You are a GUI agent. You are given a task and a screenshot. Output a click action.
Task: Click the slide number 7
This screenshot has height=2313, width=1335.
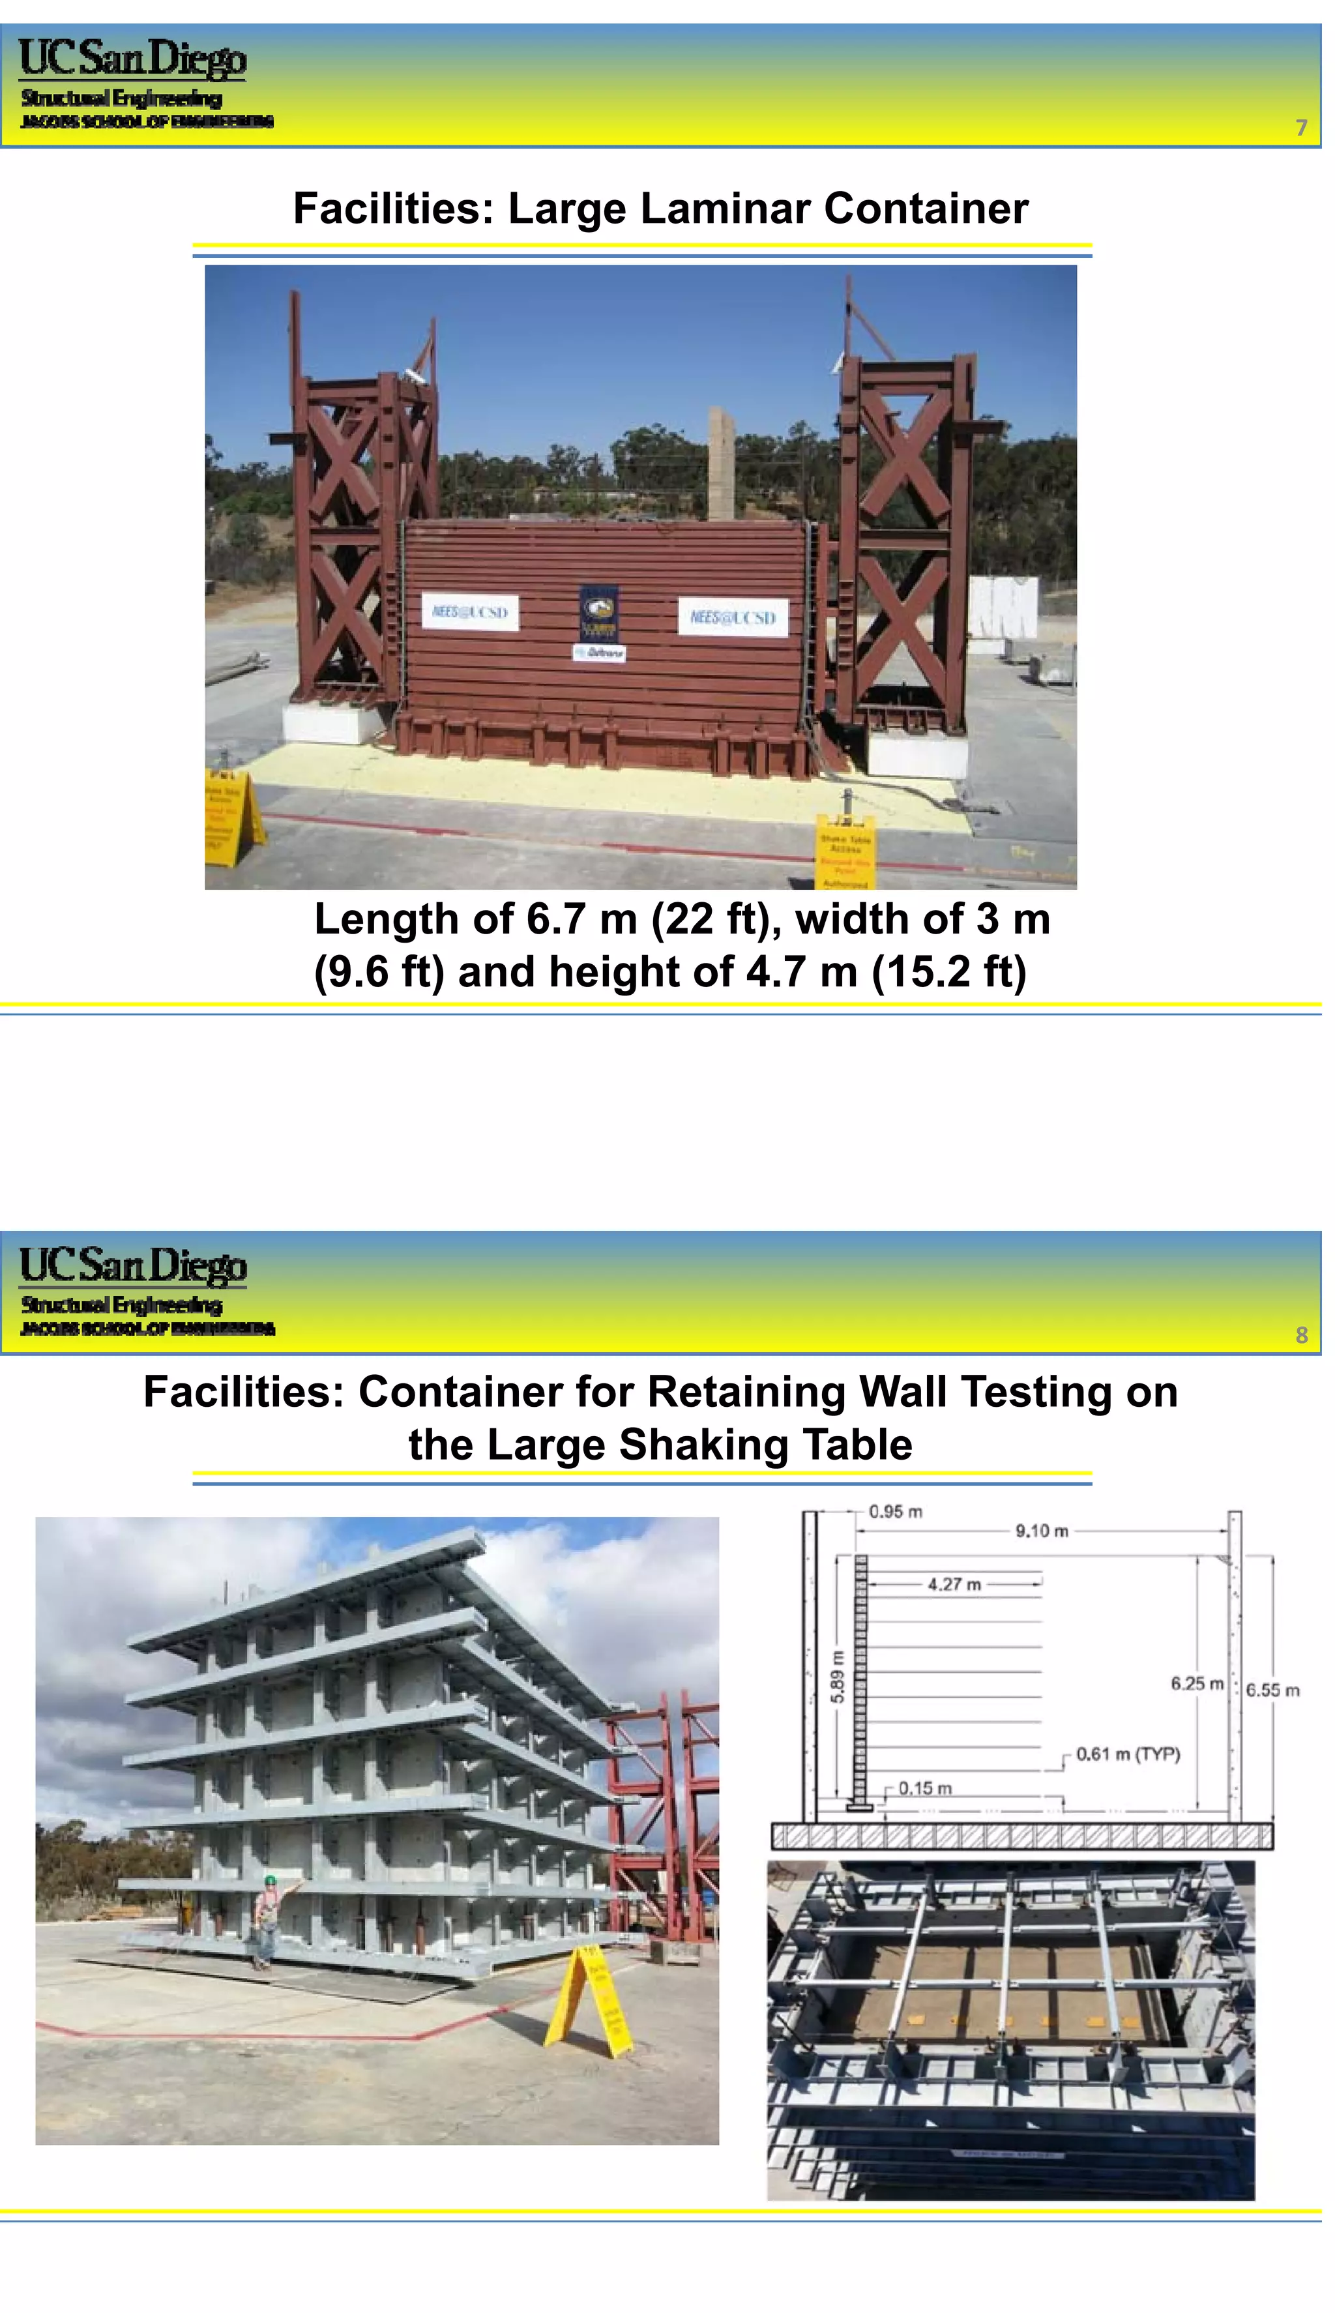(1300, 127)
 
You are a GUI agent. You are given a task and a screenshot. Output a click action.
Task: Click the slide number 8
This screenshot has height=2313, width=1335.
(1301, 1335)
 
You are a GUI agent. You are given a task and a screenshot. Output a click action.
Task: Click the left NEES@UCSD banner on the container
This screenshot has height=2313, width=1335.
(469, 611)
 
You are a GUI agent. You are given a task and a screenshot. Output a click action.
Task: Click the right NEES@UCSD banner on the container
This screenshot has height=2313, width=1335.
(733, 617)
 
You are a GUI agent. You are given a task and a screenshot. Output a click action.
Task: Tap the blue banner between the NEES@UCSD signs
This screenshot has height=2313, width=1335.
(600, 613)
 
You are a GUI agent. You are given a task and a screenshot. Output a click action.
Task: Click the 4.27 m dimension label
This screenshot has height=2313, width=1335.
(954, 1584)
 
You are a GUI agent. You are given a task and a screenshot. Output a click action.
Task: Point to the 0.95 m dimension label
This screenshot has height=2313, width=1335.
(895, 1511)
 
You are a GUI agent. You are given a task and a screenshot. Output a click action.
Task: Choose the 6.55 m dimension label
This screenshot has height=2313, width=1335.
(1272, 1690)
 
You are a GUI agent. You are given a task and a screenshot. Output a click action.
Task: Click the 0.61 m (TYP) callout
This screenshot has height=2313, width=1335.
(1128, 1753)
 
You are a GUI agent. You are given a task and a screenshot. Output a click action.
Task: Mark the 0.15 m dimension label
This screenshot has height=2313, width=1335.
(924, 1788)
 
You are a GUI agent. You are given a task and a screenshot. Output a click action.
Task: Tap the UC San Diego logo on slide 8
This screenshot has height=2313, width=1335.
(134, 1266)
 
